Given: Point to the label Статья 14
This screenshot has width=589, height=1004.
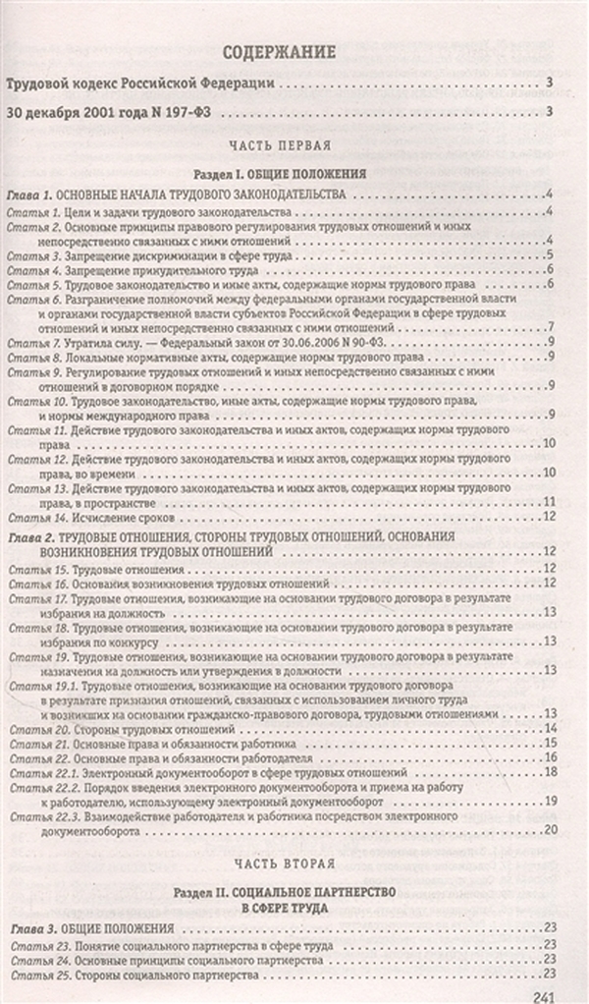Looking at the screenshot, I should pos(36,516).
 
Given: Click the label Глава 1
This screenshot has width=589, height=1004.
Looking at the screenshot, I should pos(29,194).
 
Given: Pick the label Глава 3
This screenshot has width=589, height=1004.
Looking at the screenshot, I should pos(29,928).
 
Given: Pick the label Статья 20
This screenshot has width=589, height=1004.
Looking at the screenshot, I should pos(37,728).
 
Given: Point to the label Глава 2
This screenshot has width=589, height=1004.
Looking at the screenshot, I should pos(29,536).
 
